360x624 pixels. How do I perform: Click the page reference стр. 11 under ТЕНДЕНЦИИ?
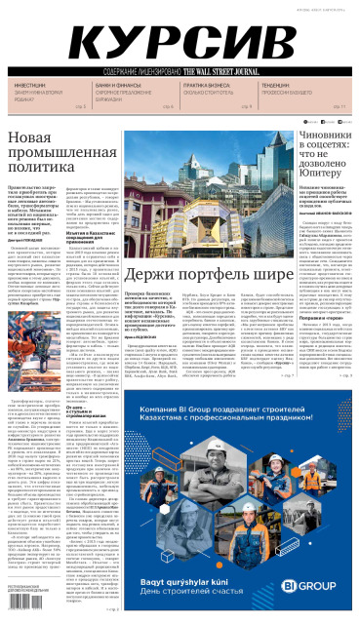pyautogui.click(x=340, y=105)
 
